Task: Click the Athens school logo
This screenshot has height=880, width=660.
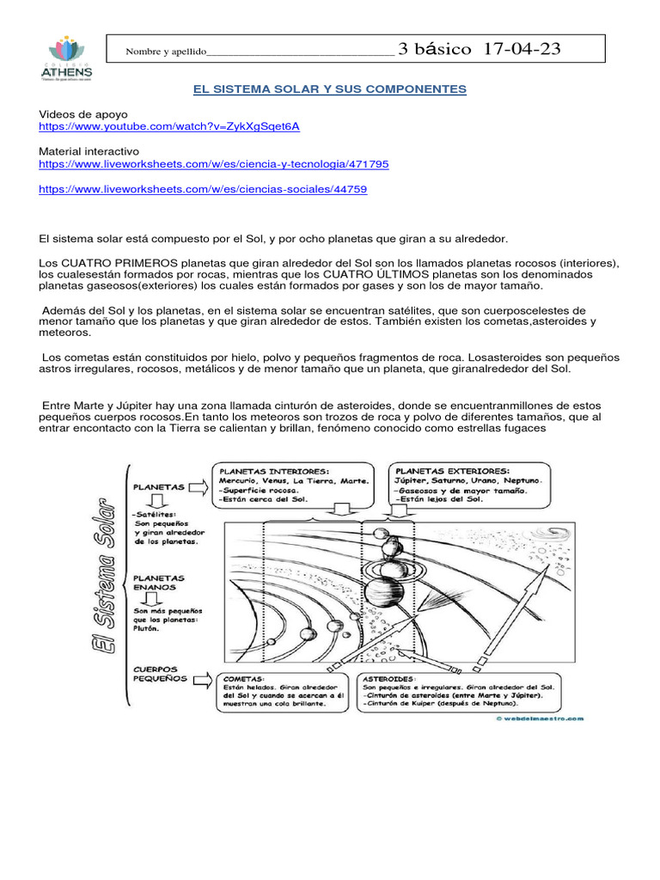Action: (66, 57)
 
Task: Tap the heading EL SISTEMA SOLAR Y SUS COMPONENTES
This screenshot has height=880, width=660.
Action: (327, 89)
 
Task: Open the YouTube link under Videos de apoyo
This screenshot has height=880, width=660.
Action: (169, 126)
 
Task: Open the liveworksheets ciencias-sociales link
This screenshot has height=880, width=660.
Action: (203, 189)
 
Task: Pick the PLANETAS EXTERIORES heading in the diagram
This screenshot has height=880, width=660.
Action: (450, 471)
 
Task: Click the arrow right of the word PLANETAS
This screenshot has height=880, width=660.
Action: (195, 487)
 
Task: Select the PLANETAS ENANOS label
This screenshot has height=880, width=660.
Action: (159, 584)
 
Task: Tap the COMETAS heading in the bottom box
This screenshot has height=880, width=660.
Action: (244, 677)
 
